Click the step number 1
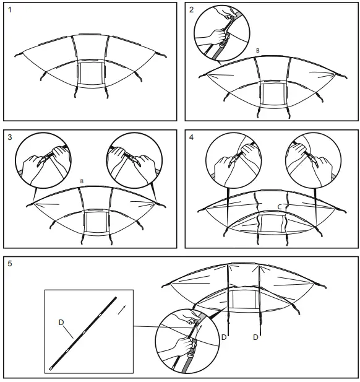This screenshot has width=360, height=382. [x=9, y=10]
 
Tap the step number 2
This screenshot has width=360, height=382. [x=191, y=10]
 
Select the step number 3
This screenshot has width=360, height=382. [x=10, y=137]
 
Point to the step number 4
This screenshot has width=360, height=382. [x=191, y=137]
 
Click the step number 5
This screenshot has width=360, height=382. [x=10, y=264]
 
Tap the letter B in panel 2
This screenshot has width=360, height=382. [x=258, y=51]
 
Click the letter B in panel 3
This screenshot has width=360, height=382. [x=82, y=181]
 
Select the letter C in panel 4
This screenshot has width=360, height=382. [x=280, y=207]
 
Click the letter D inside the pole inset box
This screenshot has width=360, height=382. [x=61, y=323]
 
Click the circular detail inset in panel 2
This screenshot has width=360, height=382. [x=222, y=33]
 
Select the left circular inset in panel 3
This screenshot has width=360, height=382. [x=43, y=160]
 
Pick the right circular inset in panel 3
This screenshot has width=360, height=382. [x=135, y=160]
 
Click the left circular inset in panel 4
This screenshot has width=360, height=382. [x=234, y=160]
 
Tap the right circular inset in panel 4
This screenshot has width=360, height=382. [x=313, y=160]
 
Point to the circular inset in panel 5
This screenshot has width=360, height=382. [x=187, y=341]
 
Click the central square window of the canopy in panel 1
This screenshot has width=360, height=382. [x=91, y=73]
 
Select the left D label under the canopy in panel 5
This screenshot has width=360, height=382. [x=224, y=337]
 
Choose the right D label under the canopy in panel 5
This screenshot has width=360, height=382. [x=255, y=337]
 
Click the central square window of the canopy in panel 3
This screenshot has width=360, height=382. [x=96, y=222]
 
